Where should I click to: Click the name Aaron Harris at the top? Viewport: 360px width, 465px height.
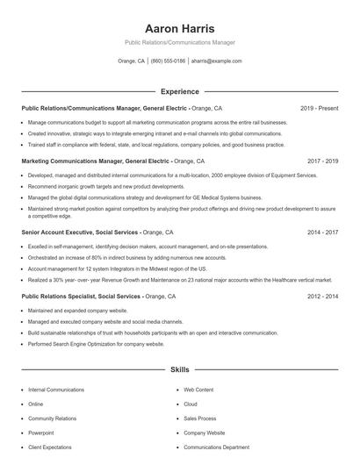point(179,28)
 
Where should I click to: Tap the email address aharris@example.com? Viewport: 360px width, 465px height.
point(216,61)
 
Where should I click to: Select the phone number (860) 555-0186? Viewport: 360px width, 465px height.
point(169,61)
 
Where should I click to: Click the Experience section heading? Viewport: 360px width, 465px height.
point(179,91)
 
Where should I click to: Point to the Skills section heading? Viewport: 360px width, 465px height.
point(179,370)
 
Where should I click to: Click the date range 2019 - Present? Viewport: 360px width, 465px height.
point(319,108)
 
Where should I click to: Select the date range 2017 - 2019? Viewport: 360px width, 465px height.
point(322,161)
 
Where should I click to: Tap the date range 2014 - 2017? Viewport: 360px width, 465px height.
point(322,232)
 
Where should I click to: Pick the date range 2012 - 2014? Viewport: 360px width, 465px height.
point(322,297)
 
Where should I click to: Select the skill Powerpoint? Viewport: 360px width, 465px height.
point(40,433)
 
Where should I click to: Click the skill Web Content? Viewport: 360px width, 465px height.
point(198,389)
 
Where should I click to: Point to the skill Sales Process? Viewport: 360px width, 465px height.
point(200,418)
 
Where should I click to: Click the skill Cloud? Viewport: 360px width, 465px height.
point(191,404)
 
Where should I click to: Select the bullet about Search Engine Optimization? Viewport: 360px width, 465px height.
point(96,344)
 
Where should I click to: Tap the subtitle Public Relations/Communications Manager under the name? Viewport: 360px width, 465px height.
point(179,42)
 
